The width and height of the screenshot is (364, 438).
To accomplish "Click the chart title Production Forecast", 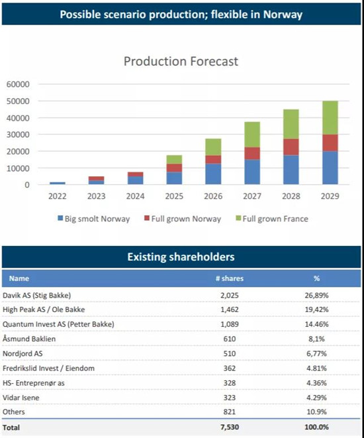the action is (x=181, y=61).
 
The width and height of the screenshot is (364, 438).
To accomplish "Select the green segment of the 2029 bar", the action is (x=330, y=117).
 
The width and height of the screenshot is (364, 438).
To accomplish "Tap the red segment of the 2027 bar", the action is (x=252, y=153).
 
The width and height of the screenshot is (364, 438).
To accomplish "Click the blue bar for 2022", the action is (x=58, y=184).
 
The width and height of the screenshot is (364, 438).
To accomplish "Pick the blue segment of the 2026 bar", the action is (x=213, y=174).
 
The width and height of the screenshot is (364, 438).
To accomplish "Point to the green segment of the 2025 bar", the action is (x=174, y=160).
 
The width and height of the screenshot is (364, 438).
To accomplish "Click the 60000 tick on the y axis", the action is (x=18, y=84).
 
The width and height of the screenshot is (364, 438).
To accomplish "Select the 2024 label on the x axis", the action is (x=135, y=196).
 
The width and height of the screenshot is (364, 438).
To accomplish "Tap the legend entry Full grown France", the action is (x=272, y=219).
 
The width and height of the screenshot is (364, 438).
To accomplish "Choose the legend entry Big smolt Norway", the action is (x=94, y=219).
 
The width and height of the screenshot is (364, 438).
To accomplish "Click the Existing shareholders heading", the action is (x=181, y=257).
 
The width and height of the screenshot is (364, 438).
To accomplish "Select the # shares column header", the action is (x=230, y=278).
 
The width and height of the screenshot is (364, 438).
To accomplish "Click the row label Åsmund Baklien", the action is (x=29, y=339).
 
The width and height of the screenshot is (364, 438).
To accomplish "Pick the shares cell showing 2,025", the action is (x=230, y=296).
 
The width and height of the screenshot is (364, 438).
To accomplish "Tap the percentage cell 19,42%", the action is (x=316, y=309).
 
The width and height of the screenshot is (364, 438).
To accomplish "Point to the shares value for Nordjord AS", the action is (x=230, y=354).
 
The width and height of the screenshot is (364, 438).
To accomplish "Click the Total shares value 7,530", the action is (x=230, y=427).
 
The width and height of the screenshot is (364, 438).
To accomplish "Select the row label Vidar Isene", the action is (x=21, y=398).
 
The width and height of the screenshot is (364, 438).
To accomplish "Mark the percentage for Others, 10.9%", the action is (x=316, y=411).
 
